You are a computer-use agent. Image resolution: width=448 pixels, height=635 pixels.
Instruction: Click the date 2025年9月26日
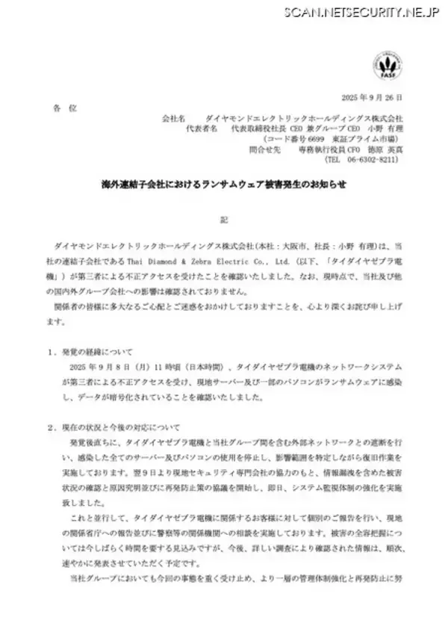coord(371,98)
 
